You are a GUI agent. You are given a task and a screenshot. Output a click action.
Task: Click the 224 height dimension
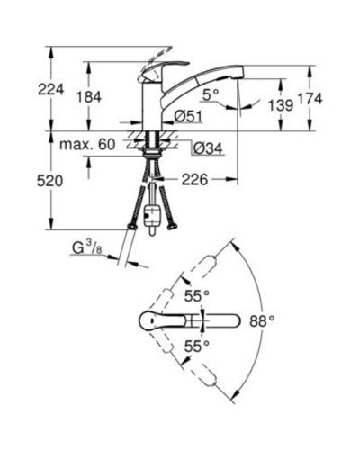[x=51, y=89]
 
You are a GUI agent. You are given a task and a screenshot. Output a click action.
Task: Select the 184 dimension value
[x=89, y=97]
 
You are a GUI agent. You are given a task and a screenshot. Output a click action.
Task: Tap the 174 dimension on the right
[x=310, y=99]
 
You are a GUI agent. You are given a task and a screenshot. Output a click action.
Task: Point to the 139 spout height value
[x=281, y=105]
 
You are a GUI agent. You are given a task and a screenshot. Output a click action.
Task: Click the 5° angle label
[x=211, y=95]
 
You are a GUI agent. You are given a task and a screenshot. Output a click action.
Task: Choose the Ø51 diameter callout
[x=188, y=116]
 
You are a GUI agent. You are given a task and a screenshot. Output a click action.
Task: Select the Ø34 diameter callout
[x=207, y=148]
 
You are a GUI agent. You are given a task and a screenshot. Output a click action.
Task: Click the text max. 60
[x=87, y=145]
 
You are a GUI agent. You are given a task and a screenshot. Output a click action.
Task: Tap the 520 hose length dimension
[x=49, y=181]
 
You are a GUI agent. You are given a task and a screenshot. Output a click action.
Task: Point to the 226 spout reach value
[x=195, y=180]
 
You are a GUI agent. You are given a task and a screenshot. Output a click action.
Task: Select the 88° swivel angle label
[x=262, y=321]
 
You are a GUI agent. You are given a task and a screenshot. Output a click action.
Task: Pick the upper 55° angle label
[x=197, y=296]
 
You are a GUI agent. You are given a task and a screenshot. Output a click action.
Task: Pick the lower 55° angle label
[x=197, y=346]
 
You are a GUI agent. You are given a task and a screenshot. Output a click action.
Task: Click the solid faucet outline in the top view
[x=190, y=321]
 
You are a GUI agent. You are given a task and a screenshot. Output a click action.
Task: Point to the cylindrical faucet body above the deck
[x=152, y=106]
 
